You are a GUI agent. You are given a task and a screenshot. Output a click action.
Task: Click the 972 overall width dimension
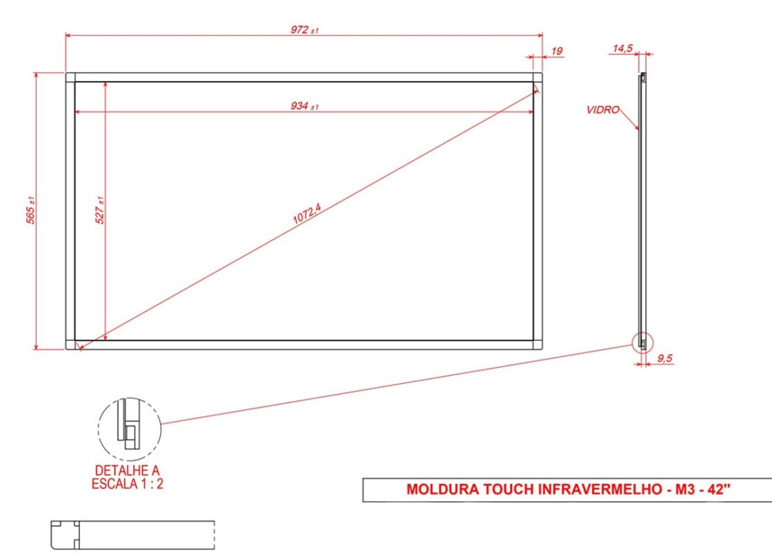point(303,30)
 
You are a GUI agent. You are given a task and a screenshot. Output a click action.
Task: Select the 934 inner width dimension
point(304,106)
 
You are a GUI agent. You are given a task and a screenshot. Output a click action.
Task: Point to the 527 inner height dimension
point(100,209)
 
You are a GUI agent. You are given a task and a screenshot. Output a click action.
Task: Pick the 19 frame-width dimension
point(557,51)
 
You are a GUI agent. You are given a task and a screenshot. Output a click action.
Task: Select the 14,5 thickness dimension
point(622,48)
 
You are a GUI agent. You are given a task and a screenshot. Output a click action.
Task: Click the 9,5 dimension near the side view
point(665,358)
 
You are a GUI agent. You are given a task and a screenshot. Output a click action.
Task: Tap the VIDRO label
point(602,109)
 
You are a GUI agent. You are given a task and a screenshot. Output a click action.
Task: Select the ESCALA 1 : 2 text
point(128,484)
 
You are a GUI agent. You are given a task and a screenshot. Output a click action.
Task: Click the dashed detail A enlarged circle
point(129,429)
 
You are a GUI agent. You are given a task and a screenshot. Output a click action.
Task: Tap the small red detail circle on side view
point(642,343)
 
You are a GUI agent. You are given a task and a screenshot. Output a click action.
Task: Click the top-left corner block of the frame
point(70,77)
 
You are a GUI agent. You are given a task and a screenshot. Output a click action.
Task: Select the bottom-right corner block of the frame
point(537,344)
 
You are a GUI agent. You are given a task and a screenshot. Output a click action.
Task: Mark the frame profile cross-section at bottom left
point(66,535)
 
